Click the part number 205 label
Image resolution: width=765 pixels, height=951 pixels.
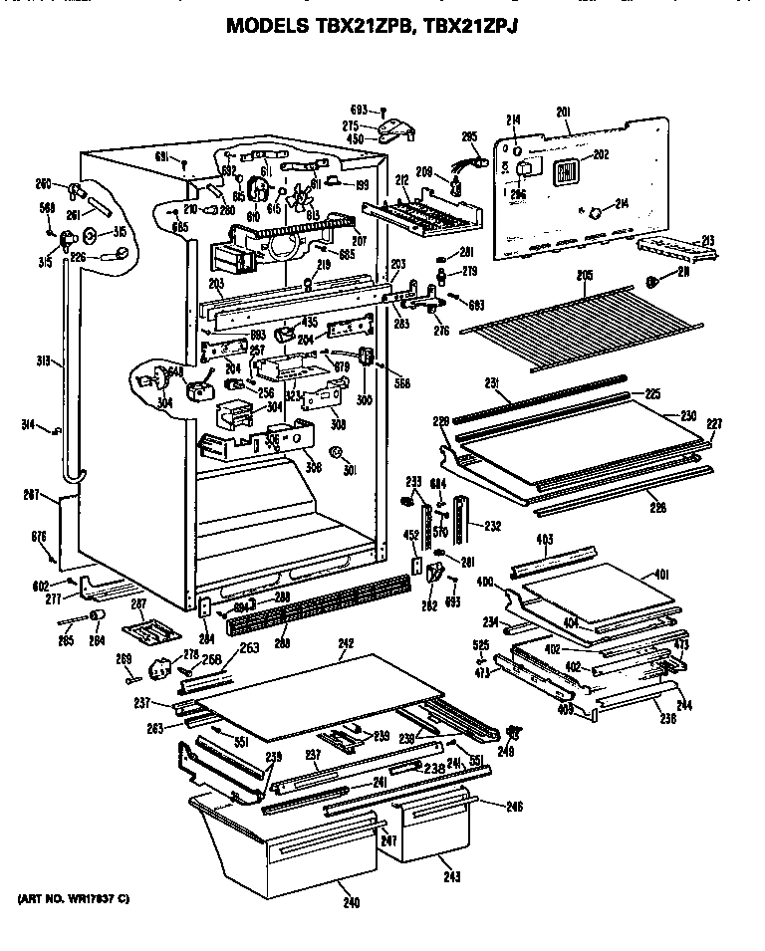click(x=585, y=276)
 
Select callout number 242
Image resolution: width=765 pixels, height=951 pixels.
click(x=346, y=643)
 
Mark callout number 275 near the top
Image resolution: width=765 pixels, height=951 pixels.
click(x=351, y=125)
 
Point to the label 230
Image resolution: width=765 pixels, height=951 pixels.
click(x=688, y=415)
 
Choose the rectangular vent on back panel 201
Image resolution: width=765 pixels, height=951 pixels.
click(x=565, y=171)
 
